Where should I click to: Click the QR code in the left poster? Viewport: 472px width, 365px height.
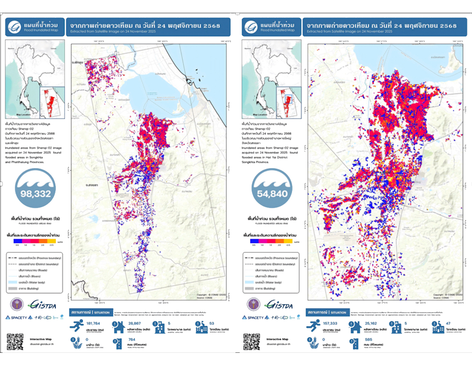pyautogui.click(x=15, y=341)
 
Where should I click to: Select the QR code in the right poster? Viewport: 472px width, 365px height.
pyautogui.click(x=252, y=341)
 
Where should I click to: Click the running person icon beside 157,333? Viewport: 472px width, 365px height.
pyautogui.click(x=313, y=326)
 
